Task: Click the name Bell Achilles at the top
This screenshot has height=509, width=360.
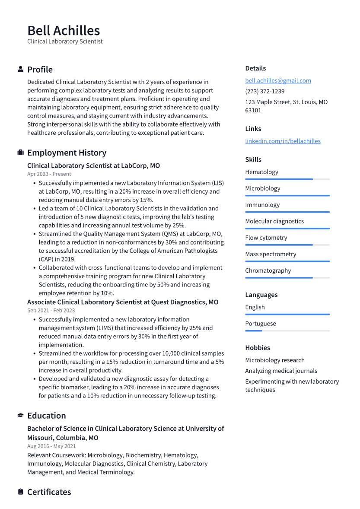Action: click(x=64, y=31)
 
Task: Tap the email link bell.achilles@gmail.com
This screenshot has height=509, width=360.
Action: click(x=278, y=80)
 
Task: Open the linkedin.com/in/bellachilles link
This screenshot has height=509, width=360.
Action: click(x=283, y=141)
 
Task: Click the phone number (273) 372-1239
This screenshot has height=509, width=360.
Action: click(x=264, y=91)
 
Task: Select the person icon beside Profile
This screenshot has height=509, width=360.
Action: click(x=20, y=69)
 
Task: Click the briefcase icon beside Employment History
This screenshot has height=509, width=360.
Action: click(x=20, y=153)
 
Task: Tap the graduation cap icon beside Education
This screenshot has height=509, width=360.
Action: click(x=20, y=415)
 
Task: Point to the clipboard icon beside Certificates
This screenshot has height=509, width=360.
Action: click(x=20, y=492)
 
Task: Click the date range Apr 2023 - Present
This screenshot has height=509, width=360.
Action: click(x=49, y=174)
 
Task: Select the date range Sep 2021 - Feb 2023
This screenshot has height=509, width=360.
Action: click(x=51, y=310)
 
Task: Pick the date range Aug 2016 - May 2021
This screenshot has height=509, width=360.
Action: click(x=51, y=446)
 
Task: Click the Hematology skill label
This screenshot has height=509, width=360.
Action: click(x=261, y=172)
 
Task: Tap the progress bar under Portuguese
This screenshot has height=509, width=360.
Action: click(x=287, y=331)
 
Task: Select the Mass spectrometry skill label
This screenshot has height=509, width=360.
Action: click(x=271, y=254)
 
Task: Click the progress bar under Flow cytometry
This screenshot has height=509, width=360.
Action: click(x=287, y=245)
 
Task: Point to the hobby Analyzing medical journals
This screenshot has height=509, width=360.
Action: click(x=281, y=371)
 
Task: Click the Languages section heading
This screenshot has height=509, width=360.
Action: click(x=261, y=295)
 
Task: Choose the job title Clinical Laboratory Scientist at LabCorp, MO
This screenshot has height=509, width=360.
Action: click(x=93, y=165)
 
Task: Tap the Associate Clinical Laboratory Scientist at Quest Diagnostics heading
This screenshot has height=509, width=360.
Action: click(x=123, y=302)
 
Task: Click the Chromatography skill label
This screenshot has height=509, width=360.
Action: click(x=268, y=270)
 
